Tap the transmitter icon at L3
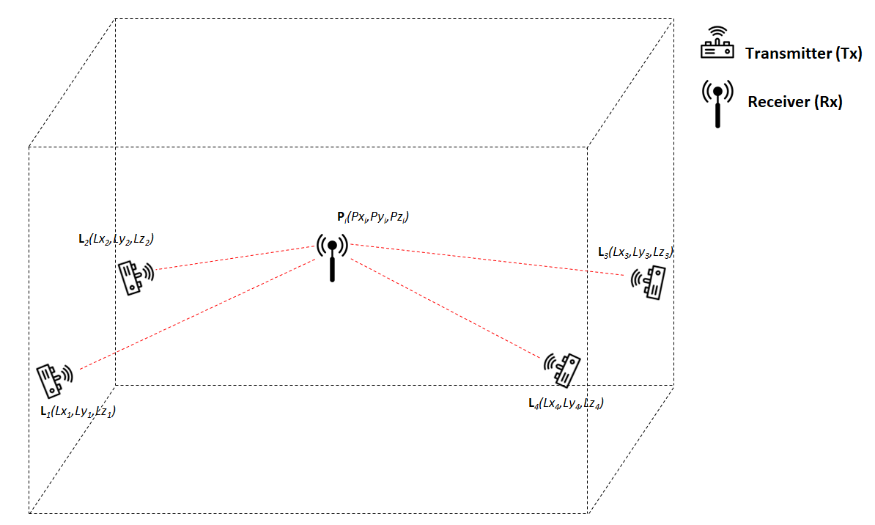(x=651, y=282)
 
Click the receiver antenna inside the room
(x=332, y=256)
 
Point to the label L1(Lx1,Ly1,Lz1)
(x=78, y=411)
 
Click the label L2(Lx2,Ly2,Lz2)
(x=115, y=239)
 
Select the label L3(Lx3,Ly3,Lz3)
(x=635, y=253)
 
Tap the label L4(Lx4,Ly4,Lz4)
(x=566, y=403)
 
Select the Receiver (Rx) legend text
(x=794, y=103)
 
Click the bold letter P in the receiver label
(x=331, y=217)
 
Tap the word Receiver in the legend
(x=780, y=103)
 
